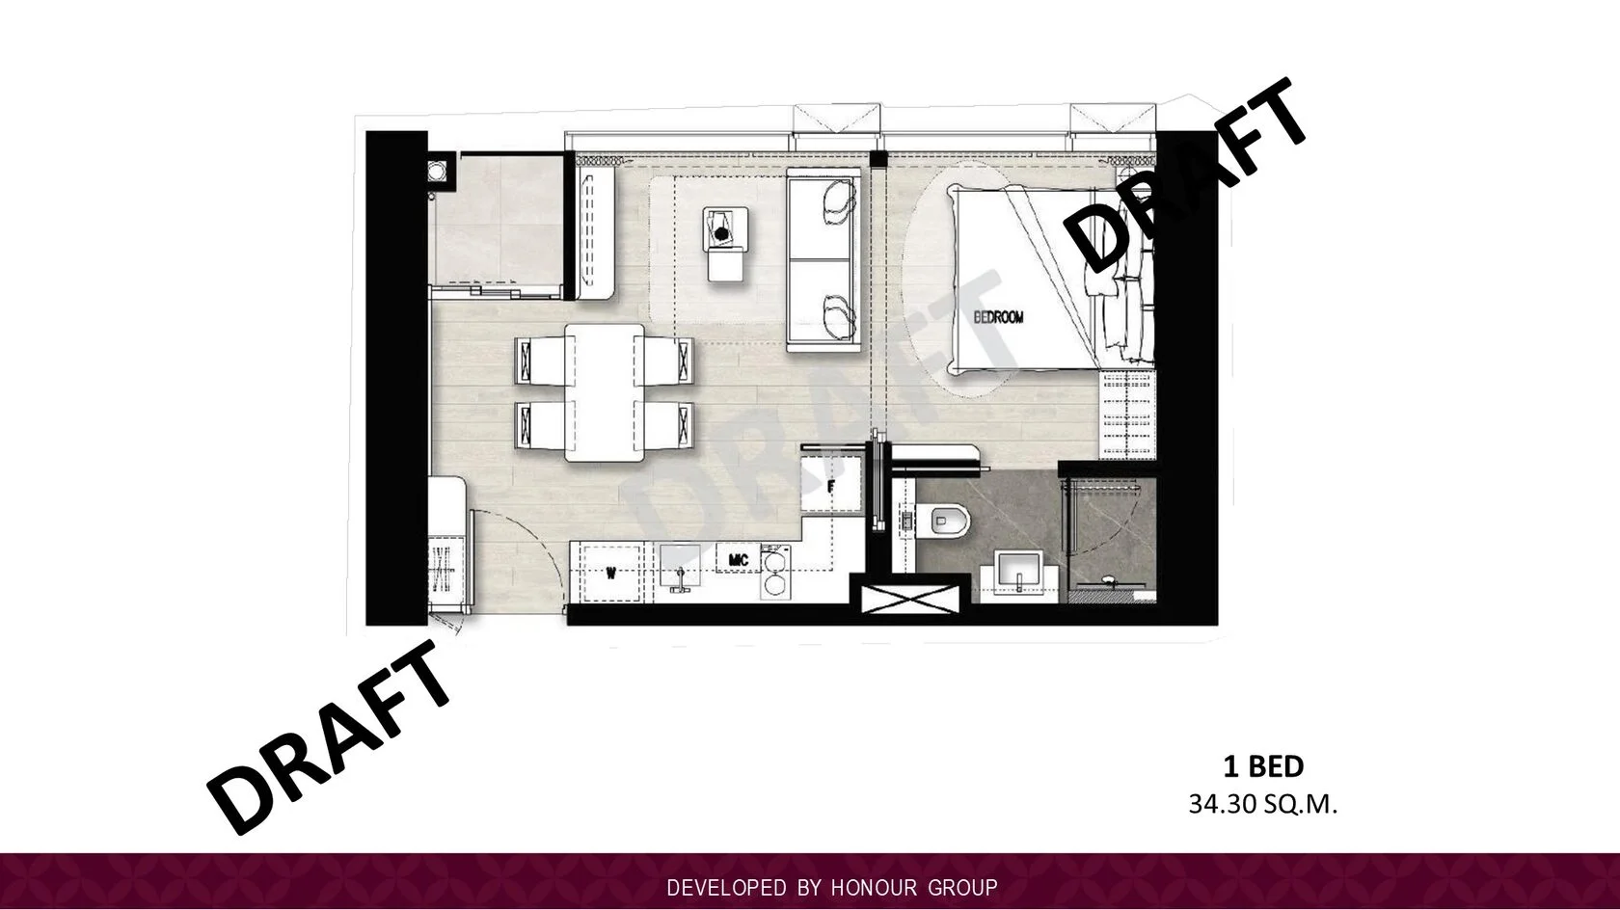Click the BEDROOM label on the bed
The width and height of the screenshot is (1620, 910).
click(999, 316)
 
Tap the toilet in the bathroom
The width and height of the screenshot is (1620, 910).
click(945, 521)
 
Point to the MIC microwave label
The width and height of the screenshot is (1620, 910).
click(739, 559)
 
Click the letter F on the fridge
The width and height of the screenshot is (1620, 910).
click(831, 487)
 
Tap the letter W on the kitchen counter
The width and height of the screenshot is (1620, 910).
click(611, 574)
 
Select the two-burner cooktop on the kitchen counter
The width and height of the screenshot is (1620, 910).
click(774, 571)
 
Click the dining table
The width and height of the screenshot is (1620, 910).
click(605, 392)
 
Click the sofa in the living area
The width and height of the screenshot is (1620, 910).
click(824, 260)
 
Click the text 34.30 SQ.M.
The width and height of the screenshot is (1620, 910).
click(1263, 805)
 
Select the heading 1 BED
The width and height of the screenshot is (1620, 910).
click(1263, 766)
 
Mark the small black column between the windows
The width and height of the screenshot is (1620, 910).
click(877, 159)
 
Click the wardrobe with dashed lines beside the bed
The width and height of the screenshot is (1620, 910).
click(1128, 415)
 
